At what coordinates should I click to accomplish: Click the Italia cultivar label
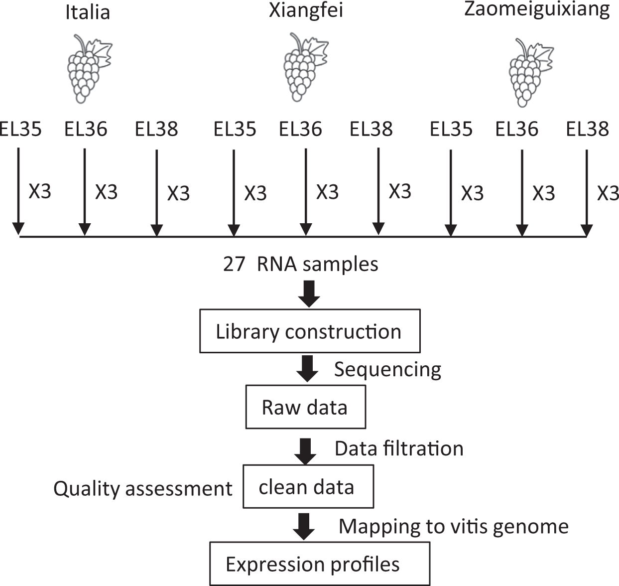point(88,12)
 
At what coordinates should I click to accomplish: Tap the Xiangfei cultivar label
point(306,10)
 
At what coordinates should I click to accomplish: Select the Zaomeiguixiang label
point(537,10)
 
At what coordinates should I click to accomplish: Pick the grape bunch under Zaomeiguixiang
point(529,72)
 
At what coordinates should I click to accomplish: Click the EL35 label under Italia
point(21,129)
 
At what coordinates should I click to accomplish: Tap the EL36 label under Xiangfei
point(300,129)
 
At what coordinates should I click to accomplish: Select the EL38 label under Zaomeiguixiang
point(588,129)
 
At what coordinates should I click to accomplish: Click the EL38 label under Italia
point(156,129)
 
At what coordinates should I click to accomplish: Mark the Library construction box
point(309,331)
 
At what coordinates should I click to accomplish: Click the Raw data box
point(305,407)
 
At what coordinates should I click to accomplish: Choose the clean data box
point(307,487)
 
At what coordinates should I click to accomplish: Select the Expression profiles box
point(319,564)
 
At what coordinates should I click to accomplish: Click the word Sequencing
point(387,370)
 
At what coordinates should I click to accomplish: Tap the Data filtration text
point(399,448)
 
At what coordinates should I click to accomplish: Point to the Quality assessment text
point(143,489)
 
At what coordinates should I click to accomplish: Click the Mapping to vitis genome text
point(453,526)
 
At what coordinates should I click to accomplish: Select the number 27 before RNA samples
point(234,264)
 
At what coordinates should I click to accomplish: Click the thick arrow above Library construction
point(309,294)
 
